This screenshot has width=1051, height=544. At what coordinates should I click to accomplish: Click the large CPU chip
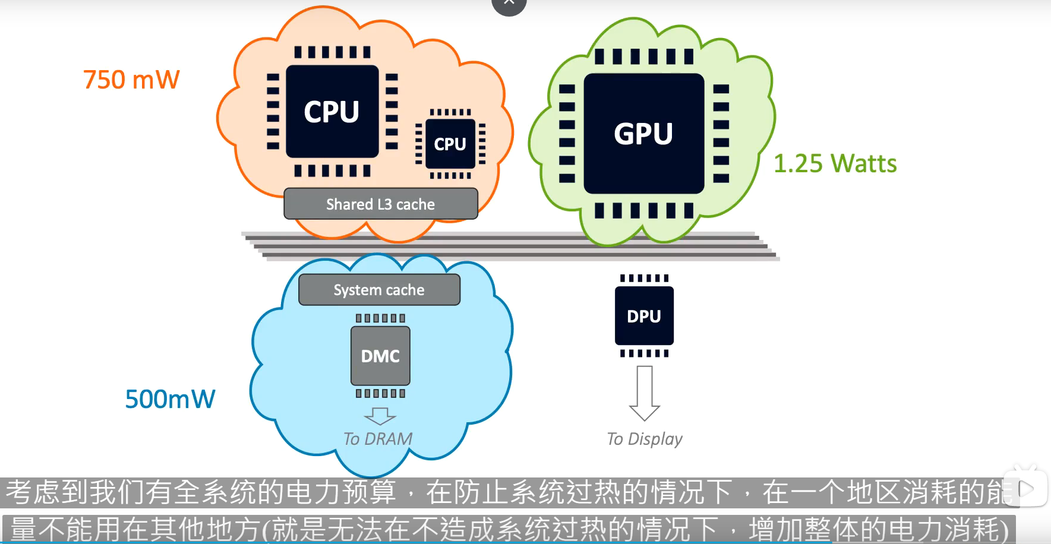[332, 111]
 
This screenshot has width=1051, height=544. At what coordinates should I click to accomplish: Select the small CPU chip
[450, 144]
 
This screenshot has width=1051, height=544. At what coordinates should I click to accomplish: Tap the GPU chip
[643, 134]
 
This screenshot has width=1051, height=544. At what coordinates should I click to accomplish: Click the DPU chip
[644, 316]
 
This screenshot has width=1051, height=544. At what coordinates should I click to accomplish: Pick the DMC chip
[380, 356]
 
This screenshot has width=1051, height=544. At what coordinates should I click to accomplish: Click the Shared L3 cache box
[380, 204]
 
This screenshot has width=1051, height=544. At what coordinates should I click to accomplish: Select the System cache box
[379, 290]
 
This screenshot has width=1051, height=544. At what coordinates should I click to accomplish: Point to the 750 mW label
[131, 80]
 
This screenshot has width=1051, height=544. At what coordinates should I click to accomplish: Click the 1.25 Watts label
[835, 163]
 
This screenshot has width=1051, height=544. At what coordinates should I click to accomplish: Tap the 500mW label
[170, 399]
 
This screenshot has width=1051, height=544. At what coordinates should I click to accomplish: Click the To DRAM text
[378, 439]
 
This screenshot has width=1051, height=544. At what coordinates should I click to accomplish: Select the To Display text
[645, 439]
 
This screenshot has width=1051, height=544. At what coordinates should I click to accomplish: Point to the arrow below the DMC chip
[380, 416]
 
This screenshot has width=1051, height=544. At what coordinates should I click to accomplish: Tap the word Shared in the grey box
[349, 204]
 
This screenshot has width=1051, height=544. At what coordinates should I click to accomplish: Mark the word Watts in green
[864, 163]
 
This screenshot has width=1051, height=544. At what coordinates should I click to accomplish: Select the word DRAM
[389, 439]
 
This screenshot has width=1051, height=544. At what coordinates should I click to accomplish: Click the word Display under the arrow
[655, 439]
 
